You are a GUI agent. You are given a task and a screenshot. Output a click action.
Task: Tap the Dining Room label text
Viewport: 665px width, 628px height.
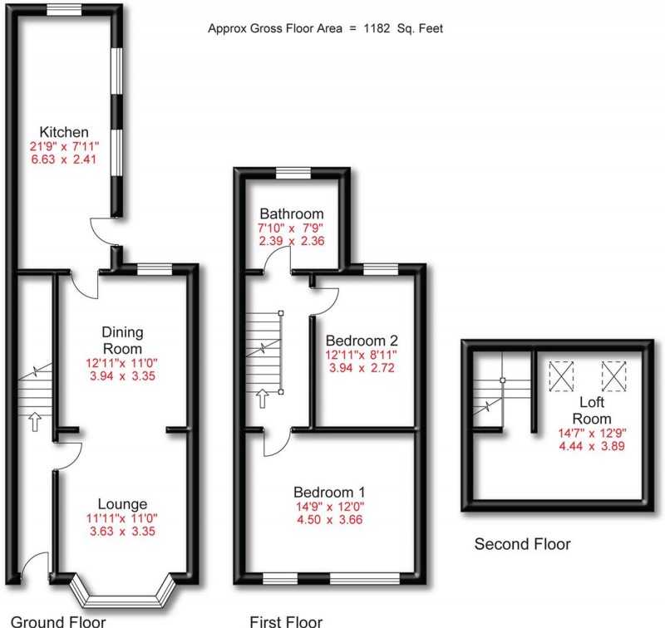(122, 340)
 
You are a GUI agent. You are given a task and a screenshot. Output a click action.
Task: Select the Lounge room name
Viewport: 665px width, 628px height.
(122, 503)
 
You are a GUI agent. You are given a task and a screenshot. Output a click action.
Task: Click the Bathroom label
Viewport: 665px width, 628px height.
(291, 213)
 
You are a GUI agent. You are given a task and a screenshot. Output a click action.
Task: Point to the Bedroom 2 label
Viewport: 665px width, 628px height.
(362, 341)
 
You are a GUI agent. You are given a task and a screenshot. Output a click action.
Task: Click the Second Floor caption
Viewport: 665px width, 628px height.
(522, 545)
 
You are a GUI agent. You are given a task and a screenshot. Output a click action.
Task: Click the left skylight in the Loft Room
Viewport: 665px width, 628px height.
(562, 375)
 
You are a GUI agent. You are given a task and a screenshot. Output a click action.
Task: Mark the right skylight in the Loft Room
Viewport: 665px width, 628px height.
(613, 375)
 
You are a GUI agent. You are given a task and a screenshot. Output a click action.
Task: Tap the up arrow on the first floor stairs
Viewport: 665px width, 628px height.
(263, 399)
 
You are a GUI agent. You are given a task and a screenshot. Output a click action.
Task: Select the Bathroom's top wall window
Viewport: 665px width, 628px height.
(293, 173)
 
